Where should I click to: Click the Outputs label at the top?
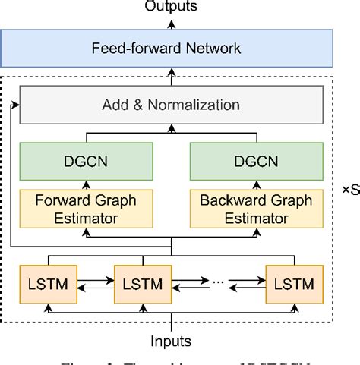click(x=171, y=7)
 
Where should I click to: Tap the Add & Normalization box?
click(x=171, y=105)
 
